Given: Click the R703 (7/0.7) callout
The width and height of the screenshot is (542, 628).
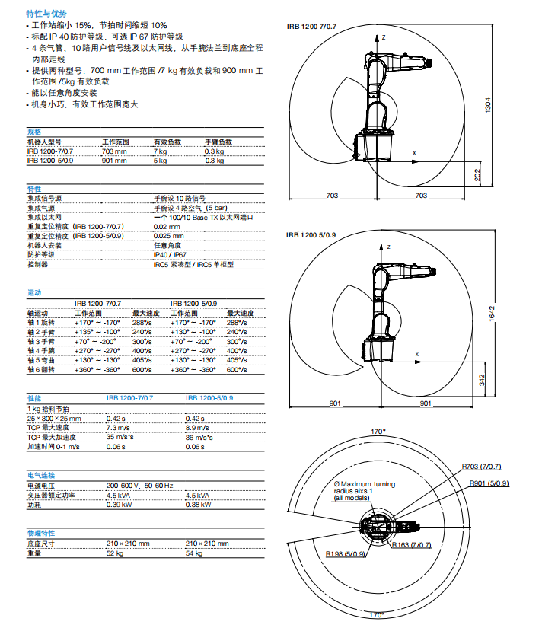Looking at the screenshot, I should (480, 466).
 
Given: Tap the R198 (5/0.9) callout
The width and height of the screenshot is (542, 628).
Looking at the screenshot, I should (346, 554).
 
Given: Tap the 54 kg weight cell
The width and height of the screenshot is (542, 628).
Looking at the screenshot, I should (194, 553).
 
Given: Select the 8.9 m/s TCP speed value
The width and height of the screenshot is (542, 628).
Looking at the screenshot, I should (196, 429).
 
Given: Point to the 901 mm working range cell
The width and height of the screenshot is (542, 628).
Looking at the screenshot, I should (113, 161).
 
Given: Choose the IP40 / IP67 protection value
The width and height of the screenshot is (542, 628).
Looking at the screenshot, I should (171, 255).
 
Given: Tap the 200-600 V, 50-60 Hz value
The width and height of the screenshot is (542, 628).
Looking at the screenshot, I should (139, 485).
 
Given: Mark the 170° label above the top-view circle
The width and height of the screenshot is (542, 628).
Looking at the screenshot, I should (377, 431).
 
